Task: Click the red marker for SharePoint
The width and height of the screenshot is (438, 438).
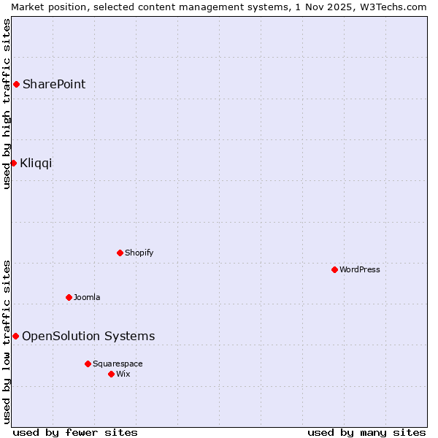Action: pyautogui.click(x=16, y=84)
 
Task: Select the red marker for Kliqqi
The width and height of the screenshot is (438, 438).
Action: pyautogui.click(x=13, y=163)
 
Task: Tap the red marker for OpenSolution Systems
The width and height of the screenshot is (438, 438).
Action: pyautogui.click(x=15, y=336)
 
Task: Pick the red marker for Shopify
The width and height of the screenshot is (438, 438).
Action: pyautogui.click(x=120, y=253)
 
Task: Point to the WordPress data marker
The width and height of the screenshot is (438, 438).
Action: pyautogui.click(x=334, y=269)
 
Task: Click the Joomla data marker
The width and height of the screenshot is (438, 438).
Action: pyautogui.click(x=69, y=297)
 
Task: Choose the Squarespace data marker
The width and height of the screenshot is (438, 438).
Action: pyautogui.click(x=88, y=364)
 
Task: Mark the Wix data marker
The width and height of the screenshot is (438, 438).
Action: pyautogui.click(x=111, y=374)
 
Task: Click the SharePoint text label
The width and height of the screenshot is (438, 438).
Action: pyautogui.click(x=54, y=84)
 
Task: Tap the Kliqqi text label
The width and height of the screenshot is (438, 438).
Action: pyautogui.click(x=36, y=163)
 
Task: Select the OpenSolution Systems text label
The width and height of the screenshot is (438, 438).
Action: pyautogui.click(x=88, y=336)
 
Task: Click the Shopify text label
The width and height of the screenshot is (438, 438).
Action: pyautogui.click(x=139, y=253)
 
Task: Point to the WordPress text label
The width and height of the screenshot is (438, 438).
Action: pyautogui.click(x=360, y=269)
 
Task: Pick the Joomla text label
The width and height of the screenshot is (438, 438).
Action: pyautogui.click(x=87, y=297)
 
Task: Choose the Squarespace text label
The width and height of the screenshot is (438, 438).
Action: pyautogui.click(x=118, y=364)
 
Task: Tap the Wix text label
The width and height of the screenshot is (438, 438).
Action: pyautogui.click(x=123, y=374)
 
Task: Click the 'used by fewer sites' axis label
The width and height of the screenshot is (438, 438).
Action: pyautogui.click(x=75, y=432)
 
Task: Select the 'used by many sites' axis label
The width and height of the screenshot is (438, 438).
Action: pyautogui.click(x=366, y=432)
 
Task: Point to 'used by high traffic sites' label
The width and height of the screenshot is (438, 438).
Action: pyautogui.click(x=7, y=104)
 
